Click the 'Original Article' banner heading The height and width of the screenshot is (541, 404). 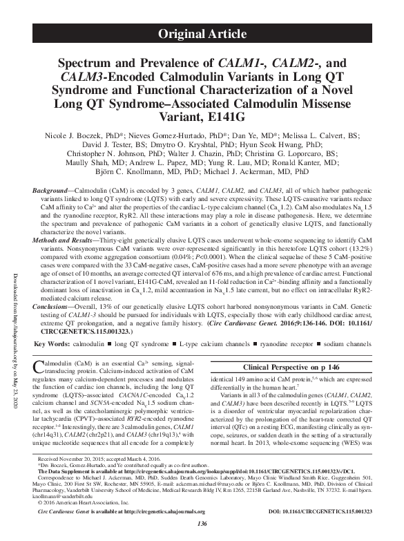point(202,32)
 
